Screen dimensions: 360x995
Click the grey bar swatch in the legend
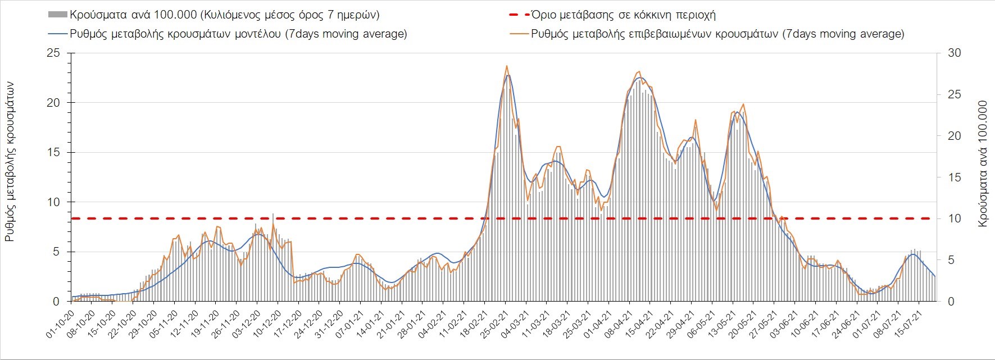[x=58, y=15]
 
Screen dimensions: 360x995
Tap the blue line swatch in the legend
[x=58, y=34]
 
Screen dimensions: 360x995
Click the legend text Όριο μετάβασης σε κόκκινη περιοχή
[x=623, y=15]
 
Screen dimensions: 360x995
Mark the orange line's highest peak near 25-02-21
[x=507, y=66]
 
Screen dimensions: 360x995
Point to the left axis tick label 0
[x=56, y=302]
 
